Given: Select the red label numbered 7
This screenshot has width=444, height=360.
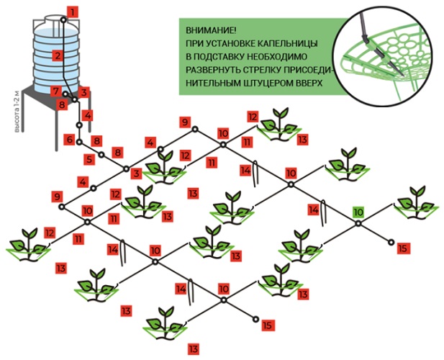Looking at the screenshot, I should point(55,91).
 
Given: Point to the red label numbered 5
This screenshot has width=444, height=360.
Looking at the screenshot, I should point(89,159).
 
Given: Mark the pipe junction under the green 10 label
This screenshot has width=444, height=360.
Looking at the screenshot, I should point(358,225).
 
